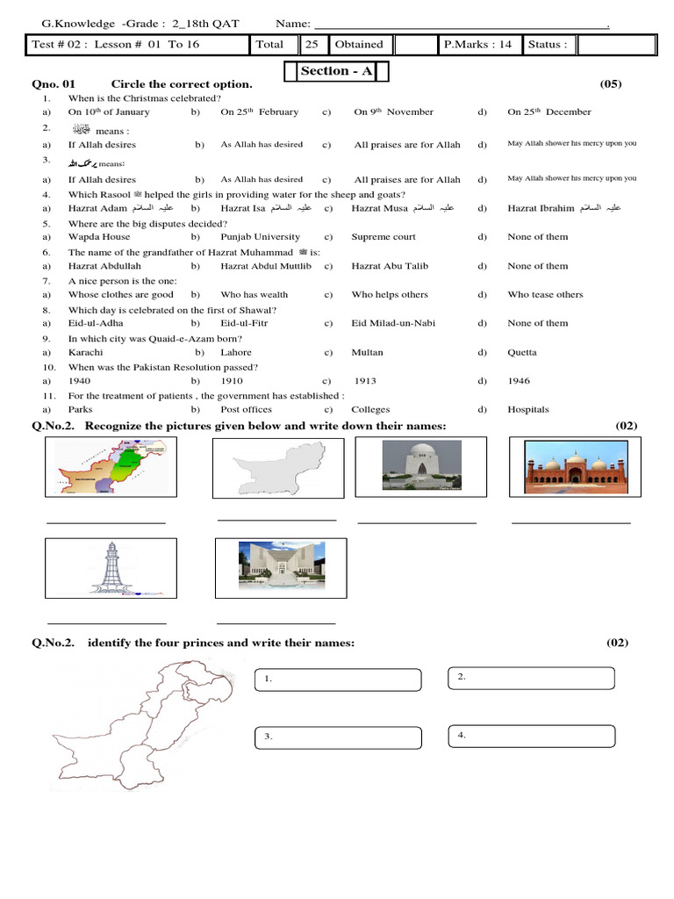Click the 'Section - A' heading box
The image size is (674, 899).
click(336, 71)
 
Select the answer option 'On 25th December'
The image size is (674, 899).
click(549, 112)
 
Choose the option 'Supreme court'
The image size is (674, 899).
click(384, 237)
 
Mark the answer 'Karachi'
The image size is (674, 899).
click(85, 352)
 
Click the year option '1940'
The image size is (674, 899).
click(79, 381)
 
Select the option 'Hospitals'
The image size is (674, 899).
click(527, 409)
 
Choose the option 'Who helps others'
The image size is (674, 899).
click(390, 295)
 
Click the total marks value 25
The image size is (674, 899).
click(312, 44)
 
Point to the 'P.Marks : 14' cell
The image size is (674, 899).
click(477, 44)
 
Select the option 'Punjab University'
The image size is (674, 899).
click(260, 237)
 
